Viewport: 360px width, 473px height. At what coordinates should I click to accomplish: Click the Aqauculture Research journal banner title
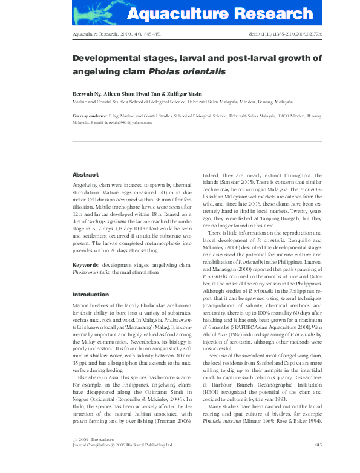227,14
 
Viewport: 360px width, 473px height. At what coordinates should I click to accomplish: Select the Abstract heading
85,174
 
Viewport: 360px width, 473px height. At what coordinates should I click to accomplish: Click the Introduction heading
91,295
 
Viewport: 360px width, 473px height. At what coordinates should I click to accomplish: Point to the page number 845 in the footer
318,445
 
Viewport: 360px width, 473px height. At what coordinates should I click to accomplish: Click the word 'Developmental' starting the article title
105,59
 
